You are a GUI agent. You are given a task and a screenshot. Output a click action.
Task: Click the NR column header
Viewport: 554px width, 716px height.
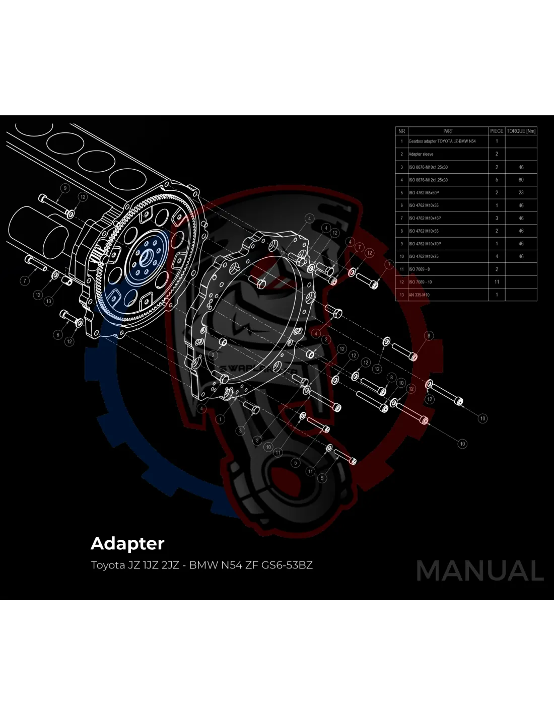[401, 131]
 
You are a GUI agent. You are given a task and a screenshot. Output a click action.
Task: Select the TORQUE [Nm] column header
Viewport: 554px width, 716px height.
[521, 131]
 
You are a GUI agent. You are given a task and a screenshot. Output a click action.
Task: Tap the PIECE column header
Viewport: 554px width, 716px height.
[497, 131]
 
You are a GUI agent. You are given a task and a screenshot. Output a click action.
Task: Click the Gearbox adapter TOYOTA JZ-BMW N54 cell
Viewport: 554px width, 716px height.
[442, 141]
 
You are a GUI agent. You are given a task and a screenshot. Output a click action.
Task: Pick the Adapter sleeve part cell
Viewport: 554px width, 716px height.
[421, 154]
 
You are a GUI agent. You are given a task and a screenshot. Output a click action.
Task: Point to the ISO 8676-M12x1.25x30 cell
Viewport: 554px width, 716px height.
[428, 180]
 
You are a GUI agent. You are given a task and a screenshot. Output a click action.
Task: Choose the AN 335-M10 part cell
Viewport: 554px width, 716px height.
[419, 295]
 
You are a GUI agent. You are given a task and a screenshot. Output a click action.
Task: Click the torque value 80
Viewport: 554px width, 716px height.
[521, 180]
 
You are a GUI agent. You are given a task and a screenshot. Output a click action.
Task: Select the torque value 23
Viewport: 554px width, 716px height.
[521, 193]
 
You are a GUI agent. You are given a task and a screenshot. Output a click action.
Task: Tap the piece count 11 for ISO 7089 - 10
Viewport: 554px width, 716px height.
[497, 282]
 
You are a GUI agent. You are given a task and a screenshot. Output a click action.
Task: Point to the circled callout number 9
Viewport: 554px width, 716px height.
[65, 188]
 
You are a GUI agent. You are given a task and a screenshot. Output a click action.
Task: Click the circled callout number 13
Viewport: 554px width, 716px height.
[48, 301]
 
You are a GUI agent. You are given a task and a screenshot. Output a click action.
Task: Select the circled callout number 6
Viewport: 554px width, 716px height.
[58, 334]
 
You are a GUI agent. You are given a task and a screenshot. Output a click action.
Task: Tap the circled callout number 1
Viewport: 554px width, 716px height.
[220, 419]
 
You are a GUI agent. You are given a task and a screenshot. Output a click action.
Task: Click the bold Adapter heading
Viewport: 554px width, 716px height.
[127, 544]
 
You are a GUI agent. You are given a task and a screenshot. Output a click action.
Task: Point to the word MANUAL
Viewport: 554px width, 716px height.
[479, 571]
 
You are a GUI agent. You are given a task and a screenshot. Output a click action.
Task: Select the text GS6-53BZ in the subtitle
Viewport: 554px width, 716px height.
[287, 565]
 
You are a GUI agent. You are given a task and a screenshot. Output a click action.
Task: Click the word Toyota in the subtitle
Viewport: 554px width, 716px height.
[108, 565]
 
